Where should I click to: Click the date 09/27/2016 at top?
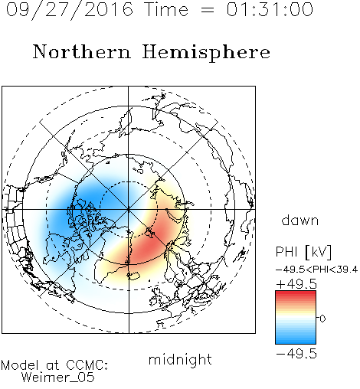coord(70,10)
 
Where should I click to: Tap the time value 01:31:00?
coord(270,9)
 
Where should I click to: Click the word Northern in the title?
coord(82,51)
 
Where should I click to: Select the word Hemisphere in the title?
coord(206,53)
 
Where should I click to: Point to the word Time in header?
coord(166,9)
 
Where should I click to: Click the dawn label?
coord(300,220)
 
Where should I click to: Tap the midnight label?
coord(180,359)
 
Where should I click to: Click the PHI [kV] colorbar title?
coord(303,252)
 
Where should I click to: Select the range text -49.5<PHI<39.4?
coord(316,270)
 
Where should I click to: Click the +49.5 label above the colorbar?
coord(296,284)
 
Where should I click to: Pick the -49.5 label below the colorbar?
coord(296,354)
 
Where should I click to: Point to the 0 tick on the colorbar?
coord(322,319)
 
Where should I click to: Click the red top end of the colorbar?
coord(296,293)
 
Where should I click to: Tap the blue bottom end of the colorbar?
coord(296,342)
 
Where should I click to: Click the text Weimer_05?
coord(58,378)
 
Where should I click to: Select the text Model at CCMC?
coord(54,365)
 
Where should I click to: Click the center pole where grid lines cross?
coord(129,209)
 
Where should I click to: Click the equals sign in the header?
coord(208,10)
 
